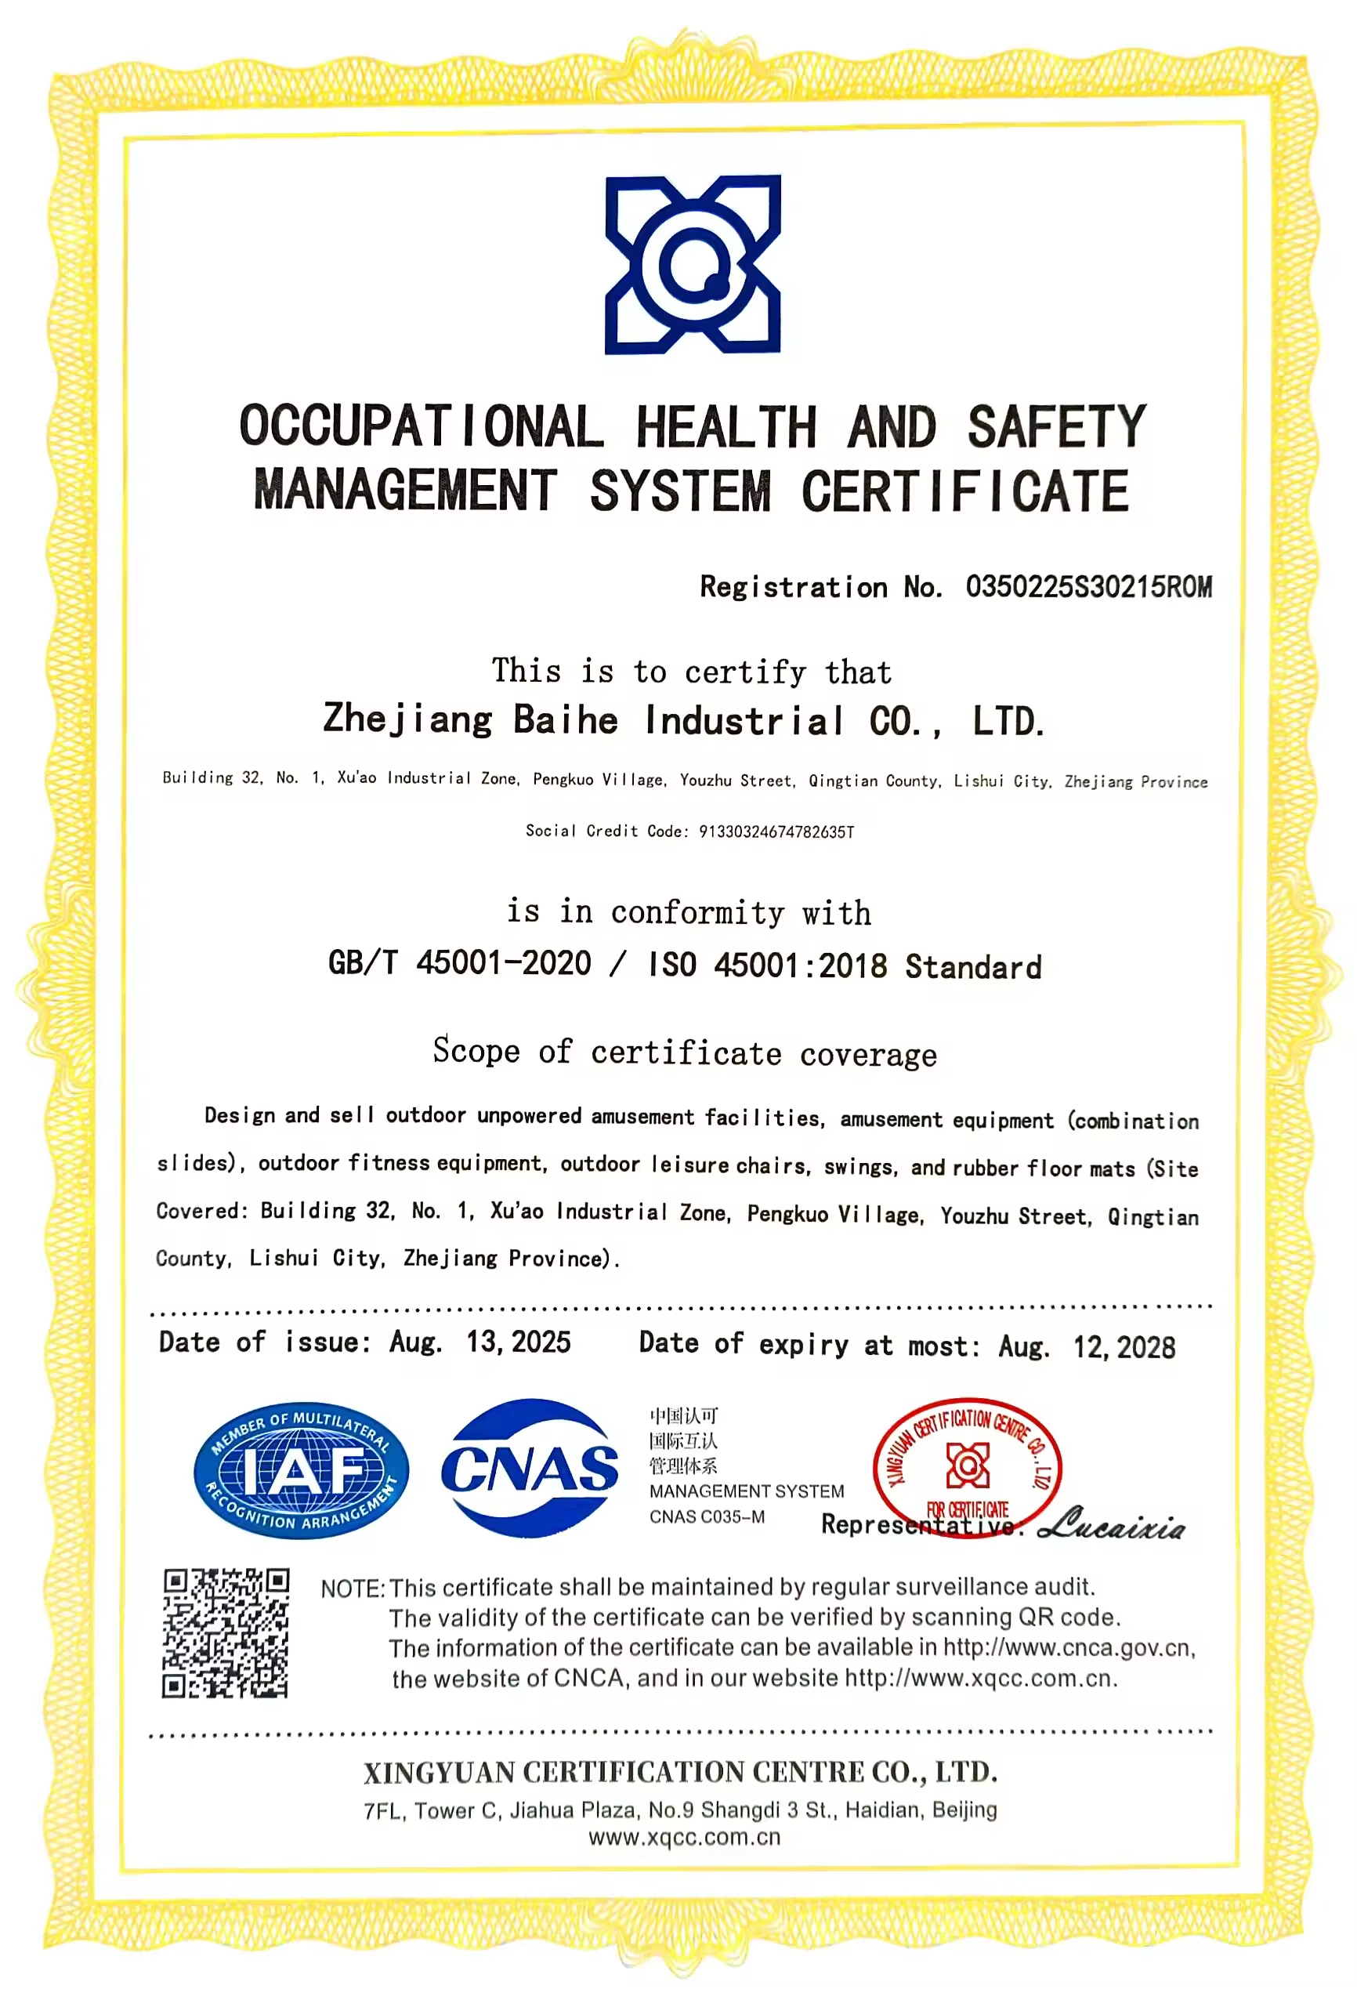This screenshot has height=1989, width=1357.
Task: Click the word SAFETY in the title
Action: click(1057, 426)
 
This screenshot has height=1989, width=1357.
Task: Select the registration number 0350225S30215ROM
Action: click(1088, 587)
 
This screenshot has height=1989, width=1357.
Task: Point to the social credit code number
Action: click(776, 832)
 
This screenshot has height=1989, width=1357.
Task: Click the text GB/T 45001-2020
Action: click(459, 964)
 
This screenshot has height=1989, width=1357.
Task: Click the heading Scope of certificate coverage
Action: click(685, 1052)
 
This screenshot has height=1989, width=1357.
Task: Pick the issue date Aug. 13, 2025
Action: click(480, 1342)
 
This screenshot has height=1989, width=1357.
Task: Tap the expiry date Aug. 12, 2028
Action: click(1087, 1346)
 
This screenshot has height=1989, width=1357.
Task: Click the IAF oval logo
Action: click(301, 1471)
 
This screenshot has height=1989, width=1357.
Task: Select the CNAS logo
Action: click(530, 1469)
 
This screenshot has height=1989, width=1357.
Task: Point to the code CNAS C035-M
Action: click(707, 1516)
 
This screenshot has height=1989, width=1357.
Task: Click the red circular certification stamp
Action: click(967, 1467)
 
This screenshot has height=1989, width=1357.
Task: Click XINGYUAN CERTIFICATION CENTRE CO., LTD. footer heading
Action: click(680, 1772)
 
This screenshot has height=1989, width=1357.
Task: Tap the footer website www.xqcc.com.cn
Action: click(685, 1838)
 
